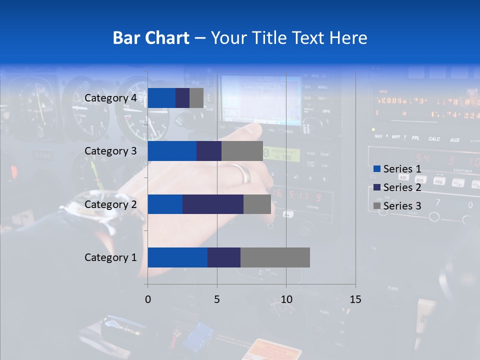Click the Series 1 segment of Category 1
pyautogui.click(x=177, y=257)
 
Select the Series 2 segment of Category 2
pyautogui.click(x=213, y=204)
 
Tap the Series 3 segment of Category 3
pyautogui.click(x=242, y=151)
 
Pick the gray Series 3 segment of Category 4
pyautogui.click(x=196, y=98)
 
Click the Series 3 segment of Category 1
pyautogui.click(x=275, y=257)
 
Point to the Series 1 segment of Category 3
pyautogui.click(x=172, y=151)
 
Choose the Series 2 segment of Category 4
pyautogui.click(x=182, y=98)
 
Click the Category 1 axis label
pyautogui.click(x=110, y=257)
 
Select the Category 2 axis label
pyautogui.click(x=110, y=204)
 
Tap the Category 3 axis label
pyautogui.click(x=110, y=151)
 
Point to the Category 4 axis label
pyautogui.click(x=110, y=98)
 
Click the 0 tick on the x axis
pyautogui.click(x=147, y=299)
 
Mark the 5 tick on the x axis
pyautogui.click(x=217, y=299)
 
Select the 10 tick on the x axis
pyautogui.click(x=286, y=299)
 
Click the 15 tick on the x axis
pyautogui.click(x=355, y=299)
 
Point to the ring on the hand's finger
pyautogui.click(x=241, y=172)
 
